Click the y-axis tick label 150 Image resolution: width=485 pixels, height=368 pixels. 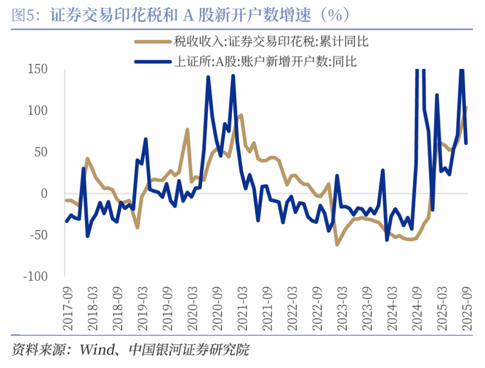point(38,69)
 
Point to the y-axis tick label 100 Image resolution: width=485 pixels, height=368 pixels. point(38,111)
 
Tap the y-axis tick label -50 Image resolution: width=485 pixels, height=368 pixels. point(38,235)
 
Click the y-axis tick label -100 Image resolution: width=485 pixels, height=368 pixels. point(35,276)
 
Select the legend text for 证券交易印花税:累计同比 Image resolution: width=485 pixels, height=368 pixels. point(271,42)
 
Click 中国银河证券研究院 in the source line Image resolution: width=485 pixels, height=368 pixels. point(189,349)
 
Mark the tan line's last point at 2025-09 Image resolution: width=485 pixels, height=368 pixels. point(467,107)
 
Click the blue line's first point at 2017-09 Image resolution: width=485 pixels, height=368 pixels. point(66,221)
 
